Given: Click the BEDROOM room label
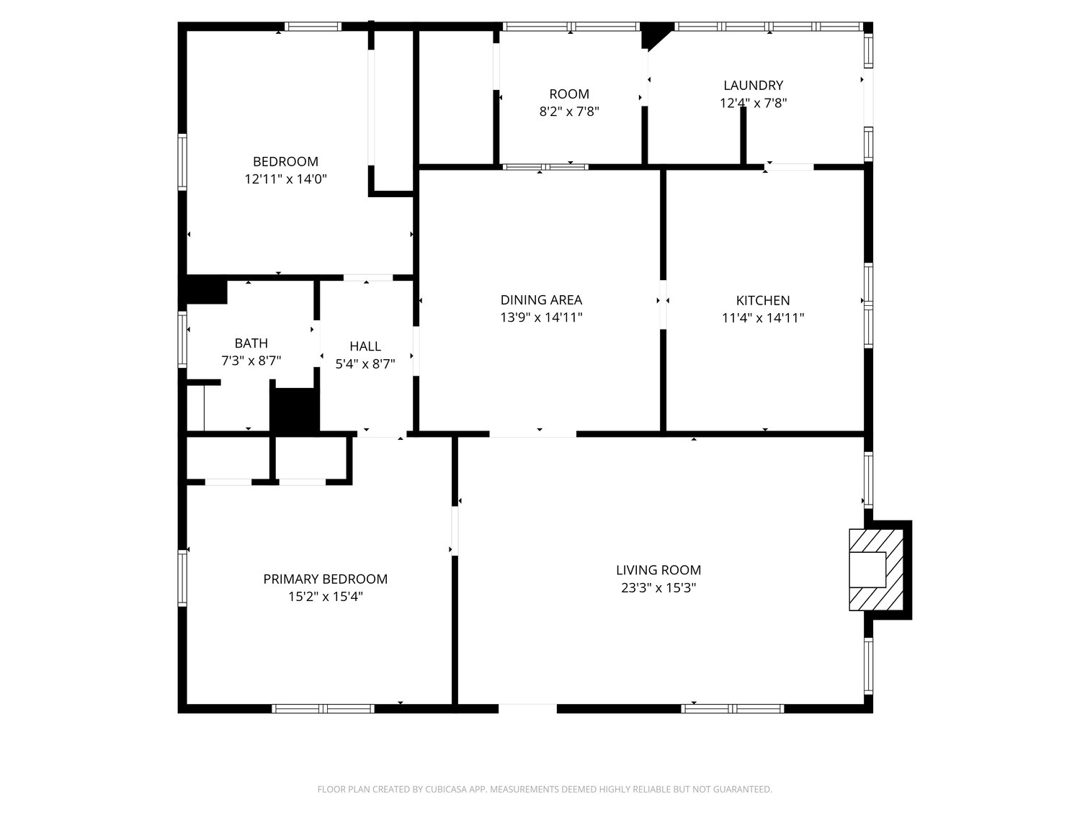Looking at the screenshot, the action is pos(285,162).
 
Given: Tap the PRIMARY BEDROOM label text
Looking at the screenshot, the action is pos(325,579).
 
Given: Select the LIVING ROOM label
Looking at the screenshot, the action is pos(658,570).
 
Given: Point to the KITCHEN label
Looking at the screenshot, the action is pos(763,300).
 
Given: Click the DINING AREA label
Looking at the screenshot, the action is pos(541,299).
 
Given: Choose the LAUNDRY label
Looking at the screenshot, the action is pos(754,86).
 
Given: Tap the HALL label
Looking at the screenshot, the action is pos(365,346).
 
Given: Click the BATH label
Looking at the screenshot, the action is pos(251,343).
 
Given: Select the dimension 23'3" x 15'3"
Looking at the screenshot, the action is pos(658,588).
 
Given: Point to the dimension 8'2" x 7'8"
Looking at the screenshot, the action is pos(569,112).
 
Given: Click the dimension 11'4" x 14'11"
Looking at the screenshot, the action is pos(763,318).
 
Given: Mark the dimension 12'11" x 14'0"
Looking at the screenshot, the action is pos(285,179).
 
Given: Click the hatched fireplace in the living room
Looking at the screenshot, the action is pos(876,569).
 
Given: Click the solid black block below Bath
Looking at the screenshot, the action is pos(295,410).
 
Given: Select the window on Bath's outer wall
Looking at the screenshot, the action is pos(182,339).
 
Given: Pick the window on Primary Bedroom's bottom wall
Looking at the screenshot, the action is pos(323,708).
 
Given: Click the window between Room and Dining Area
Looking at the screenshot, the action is pos(545,167).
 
